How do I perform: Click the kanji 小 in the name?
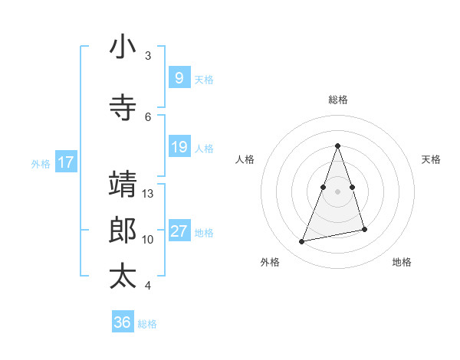pos(123,47)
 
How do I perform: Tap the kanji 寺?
pos(123,108)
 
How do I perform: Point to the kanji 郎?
pos(123,231)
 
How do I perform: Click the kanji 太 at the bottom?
pos(123,276)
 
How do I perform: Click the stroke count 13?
pos(149,194)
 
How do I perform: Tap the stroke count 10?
pos(149,240)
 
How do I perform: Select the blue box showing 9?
pos(179,78)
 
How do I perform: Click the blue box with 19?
pos(179,147)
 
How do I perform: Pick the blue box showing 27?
pos(179,231)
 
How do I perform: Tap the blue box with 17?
pos(66,162)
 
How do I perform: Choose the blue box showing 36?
pos(122,322)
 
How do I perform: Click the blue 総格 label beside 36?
pos(148,324)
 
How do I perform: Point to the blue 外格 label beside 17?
pos(41,164)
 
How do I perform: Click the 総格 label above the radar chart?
pos(338,100)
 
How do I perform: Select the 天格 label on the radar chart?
pos(432,159)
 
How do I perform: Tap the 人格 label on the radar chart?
pos(245,159)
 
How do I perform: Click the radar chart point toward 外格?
pos(302,242)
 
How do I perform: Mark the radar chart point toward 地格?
pos(365,230)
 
